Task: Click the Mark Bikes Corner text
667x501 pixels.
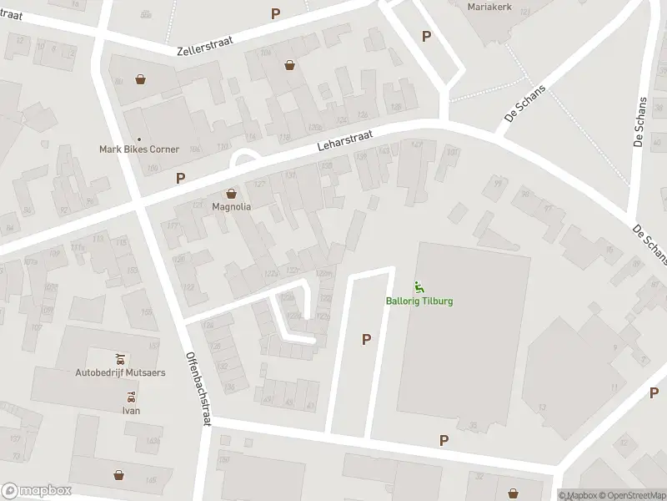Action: [x=139, y=149]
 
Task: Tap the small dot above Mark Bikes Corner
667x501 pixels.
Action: [x=139, y=139]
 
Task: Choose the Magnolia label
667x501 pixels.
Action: [x=232, y=205]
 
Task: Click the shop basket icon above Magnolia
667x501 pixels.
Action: [x=232, y=194]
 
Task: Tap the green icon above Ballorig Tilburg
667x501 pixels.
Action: [x=419, y=288]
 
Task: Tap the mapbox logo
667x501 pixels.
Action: [x=37, y=491]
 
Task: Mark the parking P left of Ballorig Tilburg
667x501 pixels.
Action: [x=365, y=339]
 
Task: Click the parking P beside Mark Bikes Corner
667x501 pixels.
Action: [x=180, y=178]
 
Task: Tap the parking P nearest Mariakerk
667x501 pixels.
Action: [x=426, y=36]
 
